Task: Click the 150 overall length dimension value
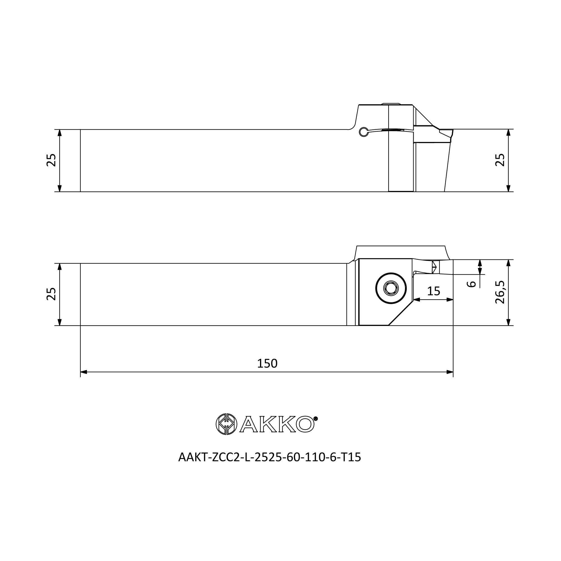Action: pos(267,364)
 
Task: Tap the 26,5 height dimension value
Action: pos(500,292)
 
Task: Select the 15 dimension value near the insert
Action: pos(434,291)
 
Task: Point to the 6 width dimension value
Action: pos(471,284)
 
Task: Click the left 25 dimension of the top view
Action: pos(51,160)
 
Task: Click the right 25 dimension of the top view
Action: pos(500,160)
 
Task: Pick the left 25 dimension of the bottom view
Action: pos(51,294)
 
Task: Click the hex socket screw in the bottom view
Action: pos(391,288)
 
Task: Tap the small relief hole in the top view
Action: pos(363,132)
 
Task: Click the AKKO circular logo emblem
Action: pos(226,424)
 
